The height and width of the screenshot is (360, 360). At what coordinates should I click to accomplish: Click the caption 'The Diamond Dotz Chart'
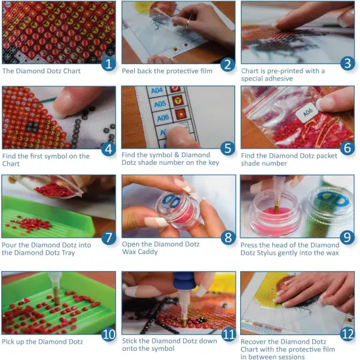(41, 71)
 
